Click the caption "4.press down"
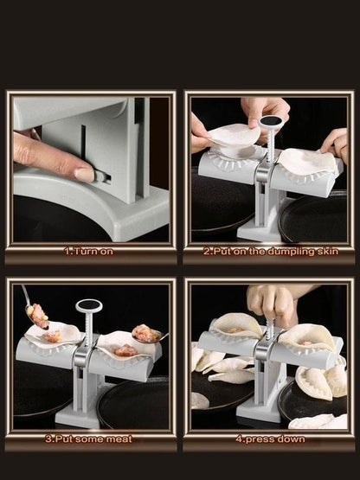(269, 438)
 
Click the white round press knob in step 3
(89, 305)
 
